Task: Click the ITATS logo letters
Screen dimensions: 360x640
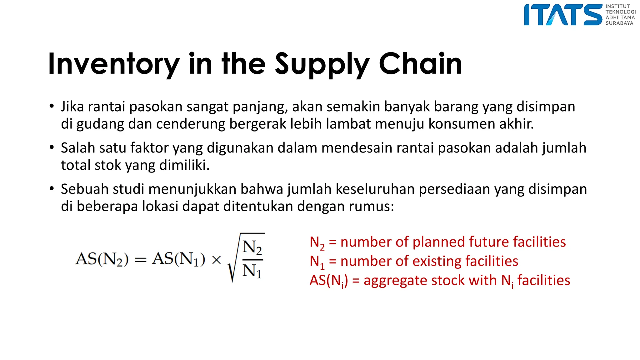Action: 562,15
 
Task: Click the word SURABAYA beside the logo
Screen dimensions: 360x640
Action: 619,23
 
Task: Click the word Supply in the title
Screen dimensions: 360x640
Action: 322,64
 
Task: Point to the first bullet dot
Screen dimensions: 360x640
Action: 52,106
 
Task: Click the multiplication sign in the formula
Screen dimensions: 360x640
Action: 216,260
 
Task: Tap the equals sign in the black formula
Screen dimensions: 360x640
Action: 140,260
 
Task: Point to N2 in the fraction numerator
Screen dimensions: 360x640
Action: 252,247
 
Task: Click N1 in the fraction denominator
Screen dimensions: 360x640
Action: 252,271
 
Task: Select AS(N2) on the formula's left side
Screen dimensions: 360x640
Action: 102,259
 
